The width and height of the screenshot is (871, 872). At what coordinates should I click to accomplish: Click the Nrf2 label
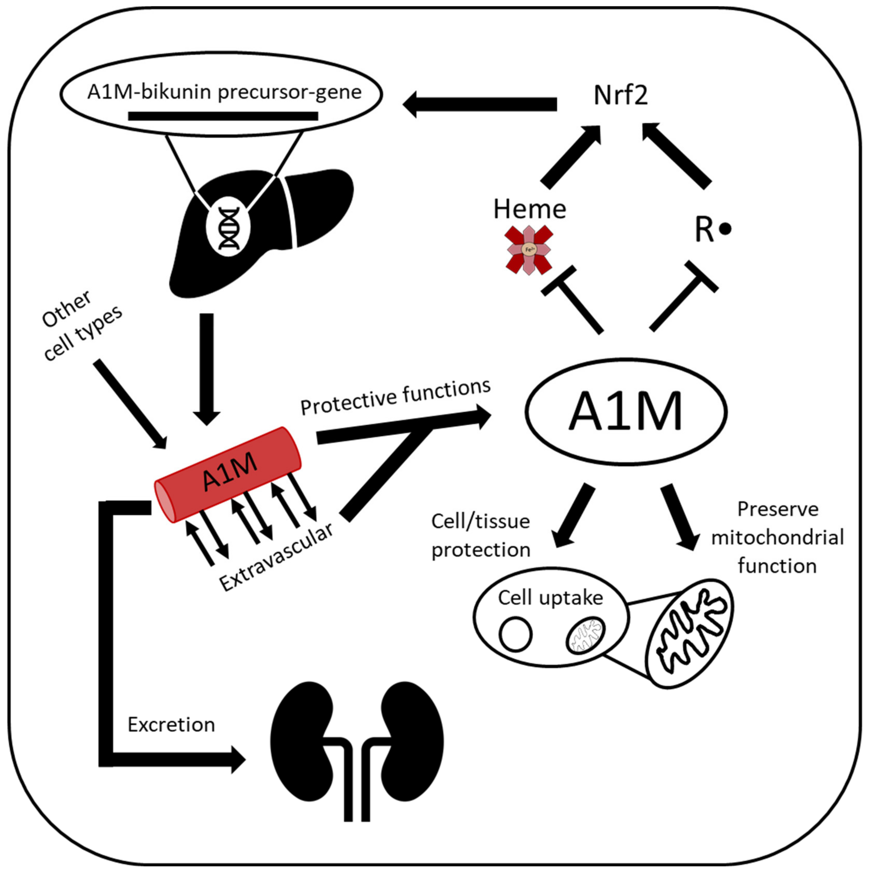pos(621,95)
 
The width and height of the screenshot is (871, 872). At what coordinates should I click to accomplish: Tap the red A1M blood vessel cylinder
pos(228,474)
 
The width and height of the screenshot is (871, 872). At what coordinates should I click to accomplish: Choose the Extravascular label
pos(276,557)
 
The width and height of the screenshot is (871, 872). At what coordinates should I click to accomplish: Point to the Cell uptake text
pos(551,598)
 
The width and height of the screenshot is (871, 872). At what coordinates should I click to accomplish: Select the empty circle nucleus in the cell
pos(515,634)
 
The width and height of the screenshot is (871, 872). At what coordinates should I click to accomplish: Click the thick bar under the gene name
pos(223,116)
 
